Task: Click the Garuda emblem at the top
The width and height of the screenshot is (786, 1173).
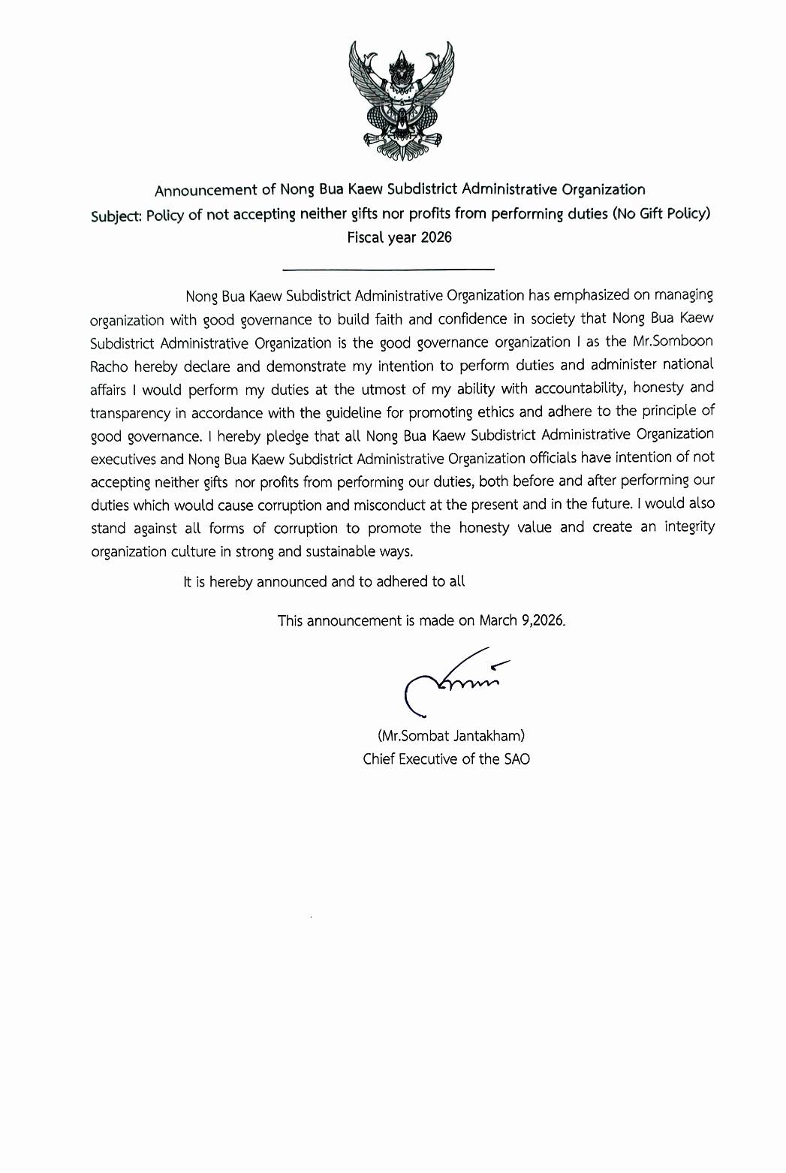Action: pyautogui.click(x=401, y=101)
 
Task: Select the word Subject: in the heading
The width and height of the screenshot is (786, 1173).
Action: pyautogui.click(x=116, y=216)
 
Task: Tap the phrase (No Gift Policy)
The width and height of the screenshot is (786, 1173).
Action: pyautogui.click(x=661, y=213)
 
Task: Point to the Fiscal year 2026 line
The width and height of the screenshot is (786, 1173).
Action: pyautogui.click(x=399, y=238)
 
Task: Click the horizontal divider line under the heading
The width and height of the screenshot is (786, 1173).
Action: pyautogui.click(x=388, y=269)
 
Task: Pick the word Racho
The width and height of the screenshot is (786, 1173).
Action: pyautogui.click(x=109, y=367)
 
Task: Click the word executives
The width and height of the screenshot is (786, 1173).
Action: pyautogui.click(x=123, y=460)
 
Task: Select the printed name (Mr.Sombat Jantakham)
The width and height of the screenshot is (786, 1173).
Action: pyautogui.click(x=450, y=736)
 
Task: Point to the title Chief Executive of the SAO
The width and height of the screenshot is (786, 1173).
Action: pyautogui.click(x=446, y=759)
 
